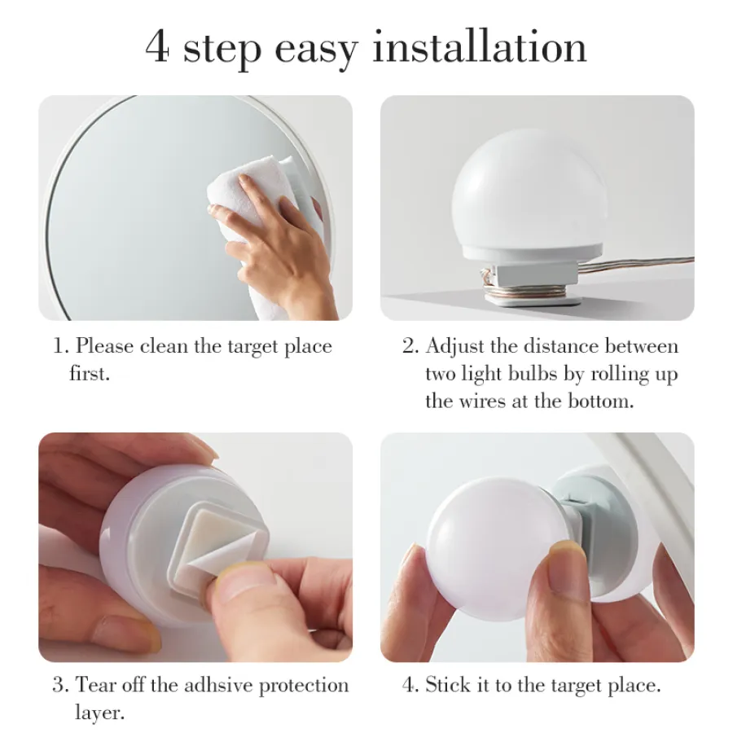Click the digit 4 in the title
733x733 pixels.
click(x=156, y=46)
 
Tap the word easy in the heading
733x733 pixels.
click(x=317, y=51)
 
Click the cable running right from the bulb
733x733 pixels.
click(x=636, y=266)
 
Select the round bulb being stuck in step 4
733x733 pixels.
click(x=495, y=548)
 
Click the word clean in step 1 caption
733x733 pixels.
click(x=164, y=346)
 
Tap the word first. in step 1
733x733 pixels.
click(x=90, y=373)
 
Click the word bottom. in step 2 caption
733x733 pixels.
click(x=601, y=401)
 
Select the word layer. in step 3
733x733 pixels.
click(x=99, y=713)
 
